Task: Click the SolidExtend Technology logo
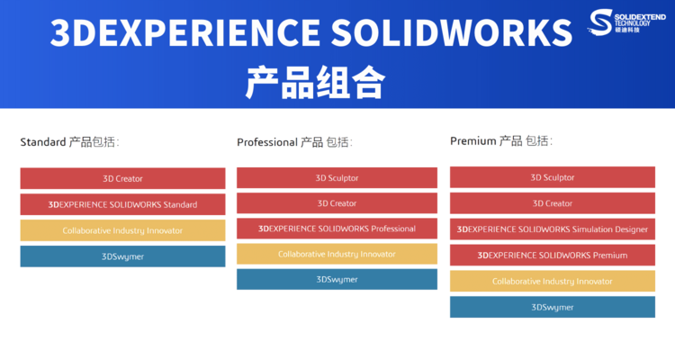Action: click(626, 22)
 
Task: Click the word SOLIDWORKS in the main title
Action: click(452, 32)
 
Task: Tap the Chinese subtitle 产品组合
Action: click(315, 82)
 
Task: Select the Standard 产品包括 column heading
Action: click(69, 142)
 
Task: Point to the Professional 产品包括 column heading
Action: click(294, 142)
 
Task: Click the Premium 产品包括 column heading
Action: click(501, 140)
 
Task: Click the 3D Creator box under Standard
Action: click(122, 178)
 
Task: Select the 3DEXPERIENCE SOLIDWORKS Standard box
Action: click(122, 204)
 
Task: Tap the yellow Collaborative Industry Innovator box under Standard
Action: click(122, 230)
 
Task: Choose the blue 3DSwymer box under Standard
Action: click(122, 256)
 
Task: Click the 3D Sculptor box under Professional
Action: click(337, 178)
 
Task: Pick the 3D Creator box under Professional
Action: click(337, 203)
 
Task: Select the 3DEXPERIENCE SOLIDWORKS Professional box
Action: click(337, 229)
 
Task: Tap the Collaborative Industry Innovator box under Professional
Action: click(337, 254)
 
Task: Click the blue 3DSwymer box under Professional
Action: click(337, 280)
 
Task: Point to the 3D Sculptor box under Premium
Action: click(553, 177)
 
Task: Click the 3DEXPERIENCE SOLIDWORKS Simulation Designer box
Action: click(553, 229)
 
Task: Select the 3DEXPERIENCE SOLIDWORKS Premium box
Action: click(553, 255)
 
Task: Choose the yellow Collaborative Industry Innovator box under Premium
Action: click(553, 281)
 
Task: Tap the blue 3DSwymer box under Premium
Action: click(553, 307)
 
